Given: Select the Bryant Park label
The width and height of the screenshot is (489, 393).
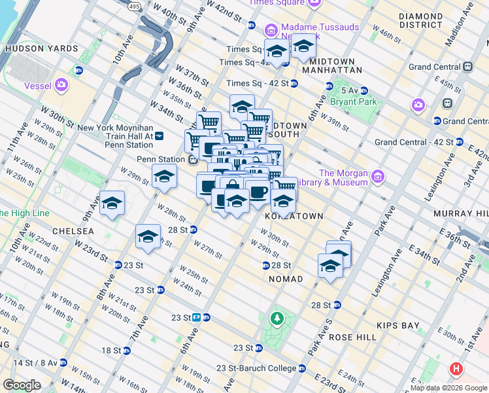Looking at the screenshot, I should click(x=358, y=102).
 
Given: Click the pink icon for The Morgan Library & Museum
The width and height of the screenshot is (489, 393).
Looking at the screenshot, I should click(x=377, y=176).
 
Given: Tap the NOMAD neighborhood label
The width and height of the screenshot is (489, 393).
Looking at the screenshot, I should click(x=286, y=279).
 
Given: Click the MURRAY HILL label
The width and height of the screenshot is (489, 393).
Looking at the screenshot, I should click(x=463, y=214).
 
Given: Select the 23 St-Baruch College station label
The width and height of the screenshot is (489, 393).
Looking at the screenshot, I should click(x=260, y=369).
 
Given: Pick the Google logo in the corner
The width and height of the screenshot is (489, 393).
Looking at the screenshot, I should click(x=22, y=385).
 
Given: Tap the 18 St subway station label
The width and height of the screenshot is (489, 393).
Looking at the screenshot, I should click(x=111, y=350).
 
